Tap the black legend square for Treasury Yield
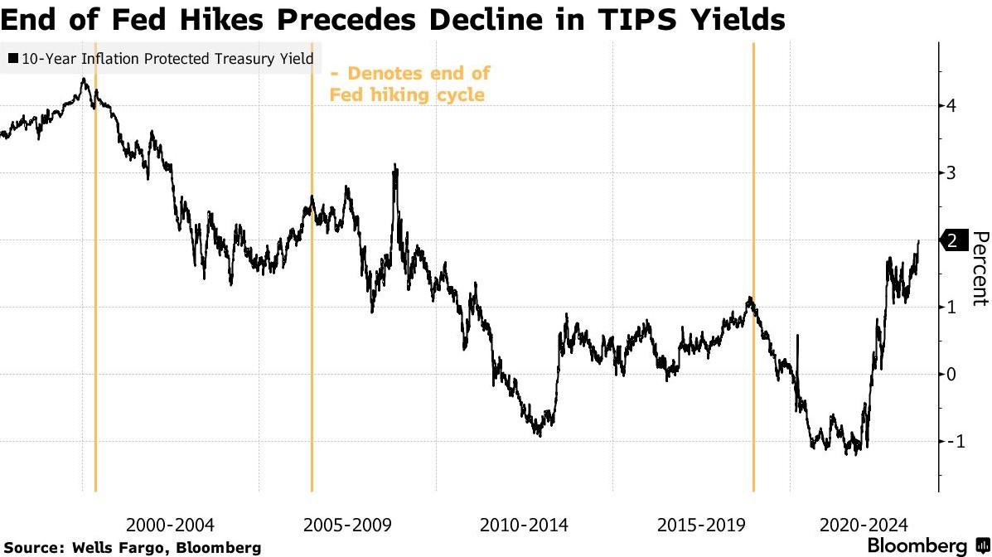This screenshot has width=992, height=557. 14,59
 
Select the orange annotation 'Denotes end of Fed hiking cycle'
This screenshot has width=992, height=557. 410,84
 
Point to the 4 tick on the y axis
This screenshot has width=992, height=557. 951,105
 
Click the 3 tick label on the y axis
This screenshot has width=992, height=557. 951,172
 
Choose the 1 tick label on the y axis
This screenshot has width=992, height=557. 951,307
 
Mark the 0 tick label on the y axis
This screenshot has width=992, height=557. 951,374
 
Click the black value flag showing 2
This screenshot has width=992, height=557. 952,240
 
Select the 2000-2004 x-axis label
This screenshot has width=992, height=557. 170,525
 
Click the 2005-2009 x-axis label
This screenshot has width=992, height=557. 347,525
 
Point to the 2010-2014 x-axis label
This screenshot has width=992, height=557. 524,525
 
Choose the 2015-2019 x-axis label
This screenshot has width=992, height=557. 700,525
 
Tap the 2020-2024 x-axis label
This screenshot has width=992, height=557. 864,525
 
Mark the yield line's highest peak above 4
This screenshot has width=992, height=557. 84,80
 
